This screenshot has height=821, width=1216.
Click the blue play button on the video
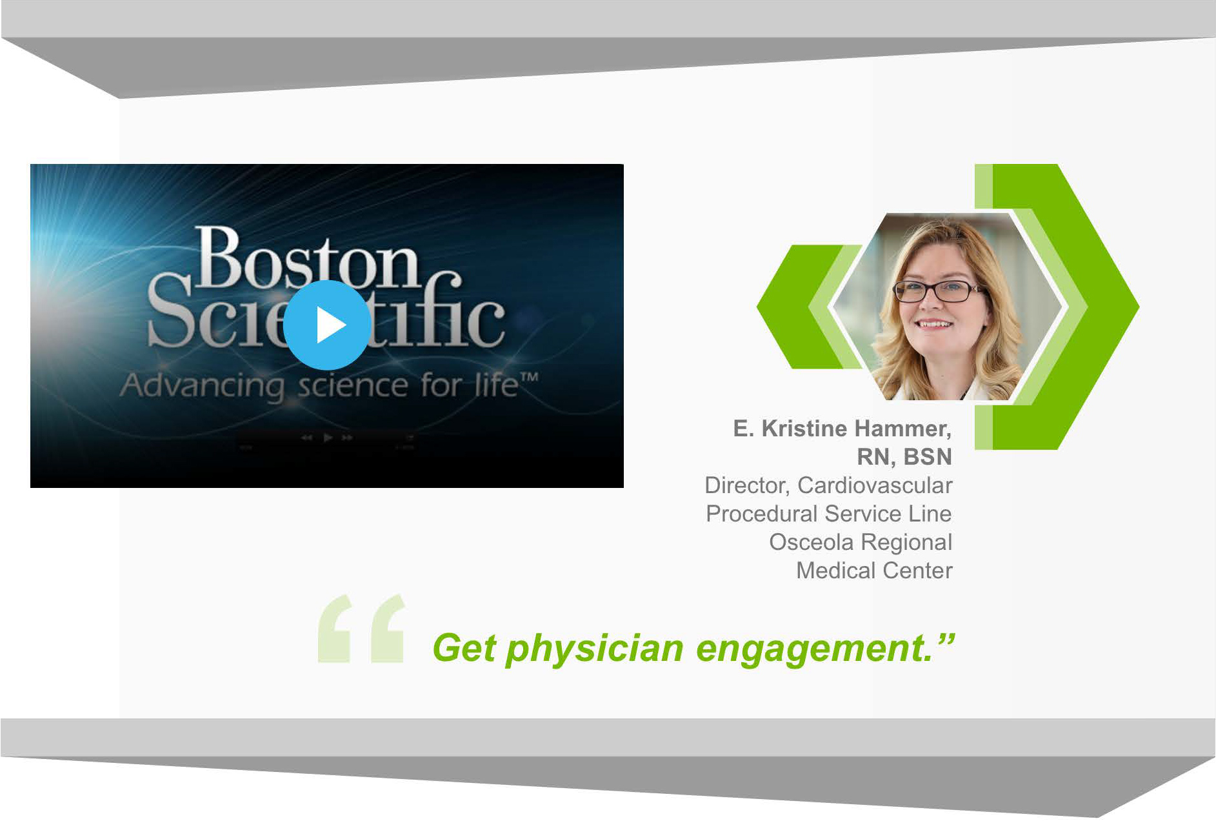327,325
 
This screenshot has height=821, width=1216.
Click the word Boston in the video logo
308,258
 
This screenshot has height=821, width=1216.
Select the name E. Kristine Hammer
842,429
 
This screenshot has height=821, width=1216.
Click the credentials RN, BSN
904,457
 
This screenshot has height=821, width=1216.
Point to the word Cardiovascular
875,485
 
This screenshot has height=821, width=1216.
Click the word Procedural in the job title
762,514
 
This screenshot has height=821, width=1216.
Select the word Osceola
811,542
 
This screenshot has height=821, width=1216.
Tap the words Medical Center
874,571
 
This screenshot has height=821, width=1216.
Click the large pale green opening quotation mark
361,629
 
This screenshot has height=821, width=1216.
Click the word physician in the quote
594,649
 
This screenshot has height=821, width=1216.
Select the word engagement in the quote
814,649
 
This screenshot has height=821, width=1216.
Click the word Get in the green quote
463,647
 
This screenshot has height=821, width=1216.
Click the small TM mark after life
530,377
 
